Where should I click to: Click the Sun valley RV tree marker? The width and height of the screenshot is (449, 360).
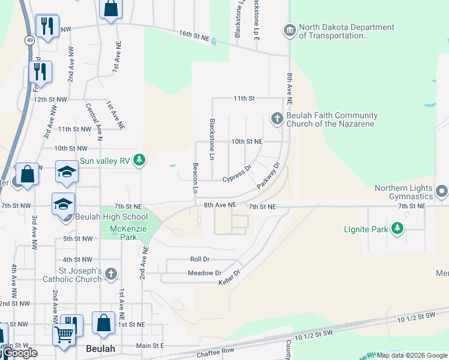coord(139,160)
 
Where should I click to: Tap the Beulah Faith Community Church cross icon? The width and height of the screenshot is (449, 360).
coord(277,118)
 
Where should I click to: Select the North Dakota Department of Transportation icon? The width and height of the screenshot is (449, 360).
coord(289,31)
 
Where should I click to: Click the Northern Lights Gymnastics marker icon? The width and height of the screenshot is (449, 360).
coord(442,191)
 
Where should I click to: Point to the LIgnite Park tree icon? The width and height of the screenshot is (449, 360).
coord(397,228)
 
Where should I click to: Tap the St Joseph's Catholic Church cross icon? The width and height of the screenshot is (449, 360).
coord(110,275)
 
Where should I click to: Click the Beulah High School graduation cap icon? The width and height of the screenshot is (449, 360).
coord(63,204)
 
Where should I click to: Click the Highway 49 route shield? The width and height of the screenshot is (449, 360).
coord(29,40)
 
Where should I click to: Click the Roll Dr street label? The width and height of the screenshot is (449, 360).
coord(199,260)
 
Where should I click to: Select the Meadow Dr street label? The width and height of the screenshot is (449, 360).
coord(206,273)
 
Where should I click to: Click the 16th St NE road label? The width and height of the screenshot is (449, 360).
coord(194,37)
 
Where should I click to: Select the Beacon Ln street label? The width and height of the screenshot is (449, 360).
coord(195,178)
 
